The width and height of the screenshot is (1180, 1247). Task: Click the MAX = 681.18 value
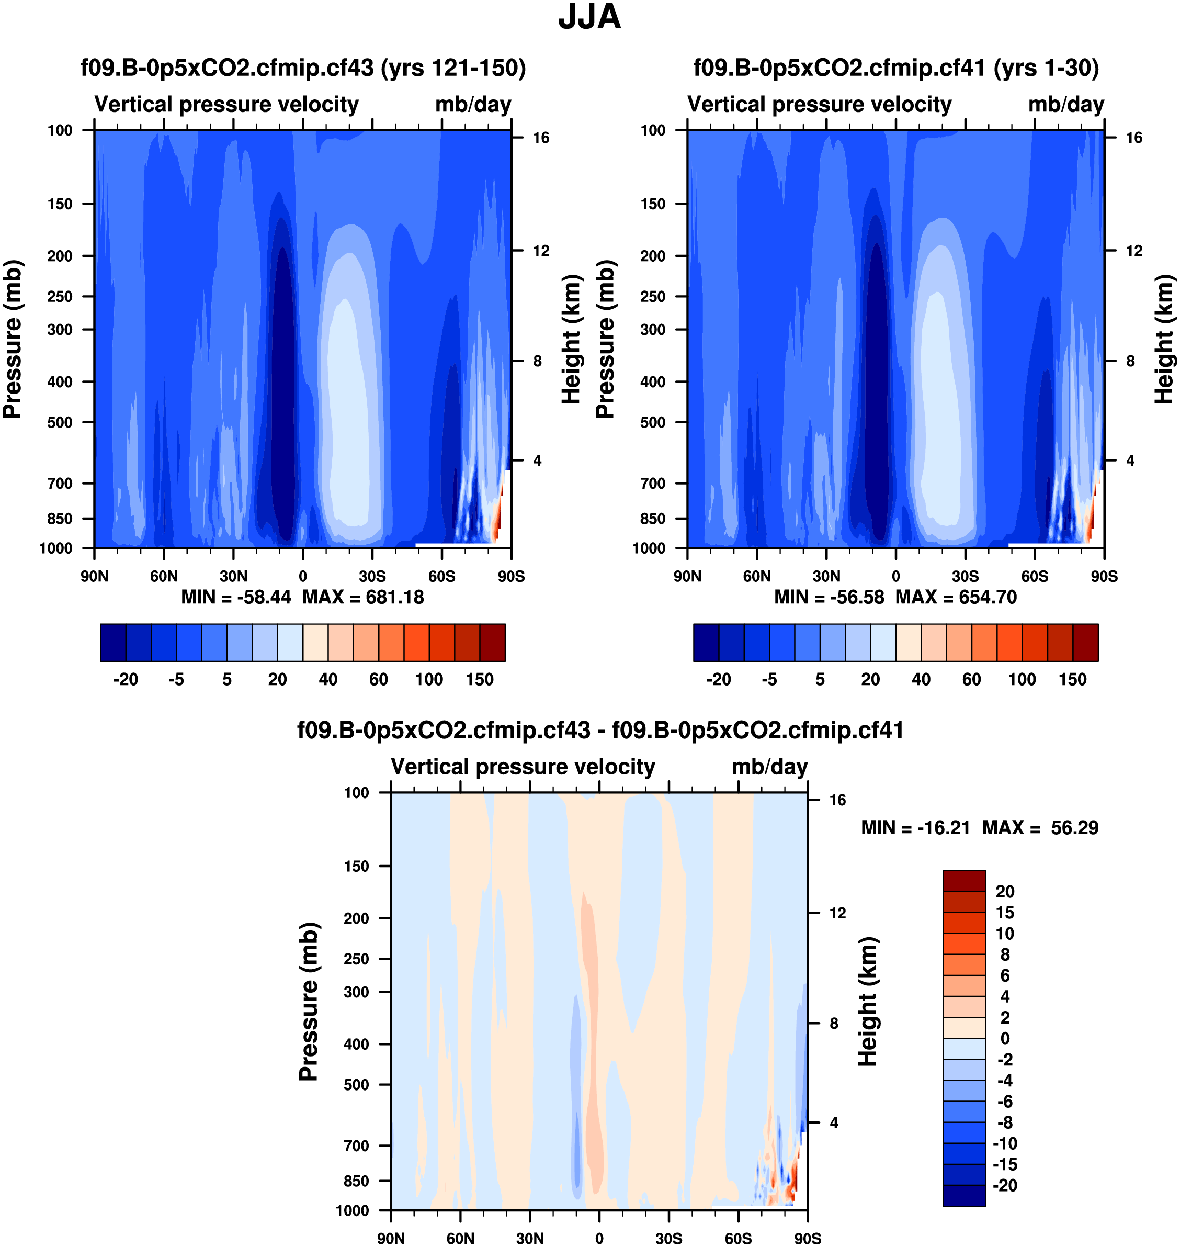pyautogui.click(x=363, y=597)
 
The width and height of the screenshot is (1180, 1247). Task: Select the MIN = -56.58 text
pyautogui.click(x=829, y=597)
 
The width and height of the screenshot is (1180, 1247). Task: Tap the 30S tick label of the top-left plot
pyautogui.click(x=372, y=576)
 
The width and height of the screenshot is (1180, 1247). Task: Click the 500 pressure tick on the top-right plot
pyautogui.click(x=652, y=422)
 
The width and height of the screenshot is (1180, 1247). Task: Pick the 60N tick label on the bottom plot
pyautogui.click(x=460, y=1238)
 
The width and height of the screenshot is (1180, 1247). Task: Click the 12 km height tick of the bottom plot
pyautogui.click(x=837, y=913)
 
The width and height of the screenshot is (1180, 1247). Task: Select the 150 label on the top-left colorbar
pyautogui.click(x=479, y=680)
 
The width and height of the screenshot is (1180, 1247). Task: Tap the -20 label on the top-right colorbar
pyautogui.click(x=718, y=680)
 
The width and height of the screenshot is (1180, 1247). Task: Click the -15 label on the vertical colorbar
pyautogui.click(x=1004, y=1164)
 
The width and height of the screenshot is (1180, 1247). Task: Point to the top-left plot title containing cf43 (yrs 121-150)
pyautogui.click(x=303, y=68)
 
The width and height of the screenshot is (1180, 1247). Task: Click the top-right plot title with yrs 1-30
pyautogui.click(x=895, y=68)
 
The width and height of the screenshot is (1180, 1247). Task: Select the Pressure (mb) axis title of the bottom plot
pyautogui.click(x=308, y=1002)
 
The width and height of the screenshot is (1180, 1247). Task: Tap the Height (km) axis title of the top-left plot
pyautogui.click(x=570, y=339)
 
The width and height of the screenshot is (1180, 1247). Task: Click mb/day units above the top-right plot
pyautogui.click(x=1065, y=105)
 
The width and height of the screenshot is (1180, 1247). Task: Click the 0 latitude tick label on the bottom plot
pyautogui.click(x=599, y=1238)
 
